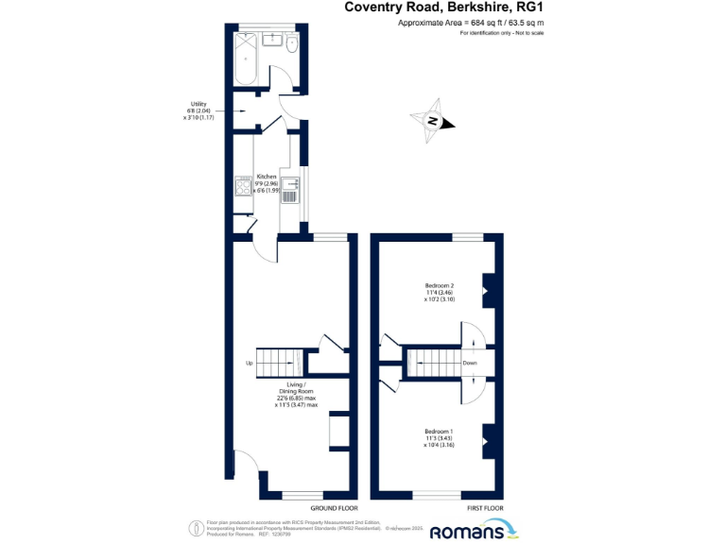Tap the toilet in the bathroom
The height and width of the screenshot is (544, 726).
pos(292,44)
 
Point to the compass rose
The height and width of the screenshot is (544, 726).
pos(432,121)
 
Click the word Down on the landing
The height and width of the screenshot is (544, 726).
pos(470,363)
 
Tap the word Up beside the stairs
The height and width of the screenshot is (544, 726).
pos(249,363)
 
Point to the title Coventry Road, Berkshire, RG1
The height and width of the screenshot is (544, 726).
pos(443,8)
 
